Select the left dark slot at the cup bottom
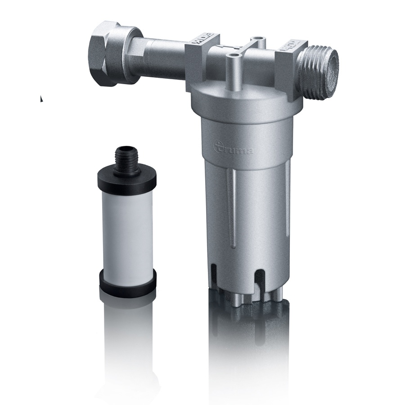coord(215,274)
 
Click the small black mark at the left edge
coord(41,98)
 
